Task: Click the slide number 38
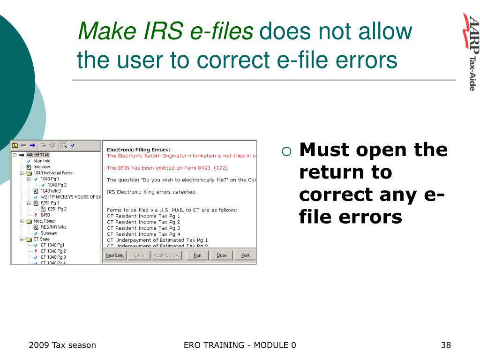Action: click(446, 345)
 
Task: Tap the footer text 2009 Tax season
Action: click(62, 345)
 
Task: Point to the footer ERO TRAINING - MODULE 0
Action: click(240, 345)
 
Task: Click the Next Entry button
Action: click(115, 255)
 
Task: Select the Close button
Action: click(221, 255)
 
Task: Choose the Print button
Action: click(245, 255)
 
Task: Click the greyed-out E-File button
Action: click(139, 255)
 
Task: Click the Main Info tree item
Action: click(42, 161)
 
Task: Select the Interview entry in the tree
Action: click(42, 167)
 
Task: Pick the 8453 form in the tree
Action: click(45, 215)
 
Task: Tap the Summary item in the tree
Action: click(49, 233)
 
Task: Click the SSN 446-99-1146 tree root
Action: click(37, 155)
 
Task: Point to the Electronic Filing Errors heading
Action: click(138, 150)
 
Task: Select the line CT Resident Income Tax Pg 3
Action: click(143, 228)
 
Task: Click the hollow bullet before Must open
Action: click(287, 151)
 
